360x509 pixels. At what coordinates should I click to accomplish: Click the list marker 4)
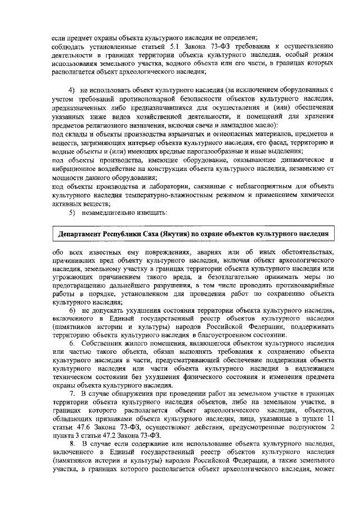click(72, 90)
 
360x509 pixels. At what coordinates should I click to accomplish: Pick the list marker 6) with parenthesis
click(72, 310)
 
